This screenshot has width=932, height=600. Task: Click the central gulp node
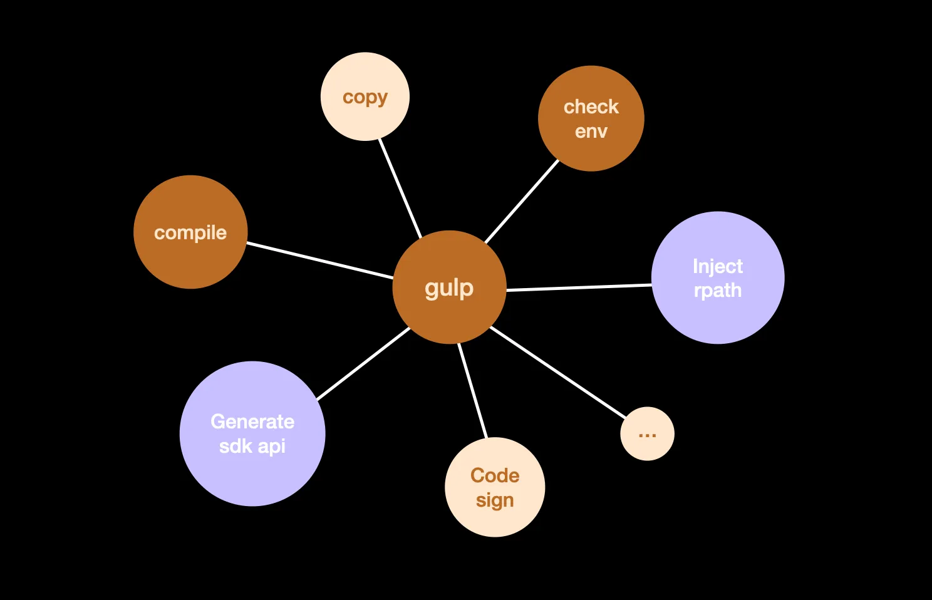(449, 287)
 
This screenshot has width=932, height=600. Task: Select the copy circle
(365, 96)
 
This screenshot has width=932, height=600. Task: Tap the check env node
(591, 118)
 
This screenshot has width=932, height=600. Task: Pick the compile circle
(190, 232)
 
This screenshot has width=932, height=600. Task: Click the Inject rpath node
(718, 277)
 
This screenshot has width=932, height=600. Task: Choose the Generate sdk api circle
(252, 433)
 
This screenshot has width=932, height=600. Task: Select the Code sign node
(495, 487)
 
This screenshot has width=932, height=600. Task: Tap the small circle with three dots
(647, 433)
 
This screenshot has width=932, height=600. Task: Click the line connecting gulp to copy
(400, 188)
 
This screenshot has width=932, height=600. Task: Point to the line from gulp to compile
(319, 260)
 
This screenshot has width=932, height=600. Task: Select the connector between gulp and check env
(521, 202)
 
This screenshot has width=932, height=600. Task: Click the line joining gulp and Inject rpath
(579, 287)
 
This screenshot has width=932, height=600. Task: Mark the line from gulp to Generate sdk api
(363, 364)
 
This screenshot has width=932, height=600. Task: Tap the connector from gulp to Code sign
(472, 390)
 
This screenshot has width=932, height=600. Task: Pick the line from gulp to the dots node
(557, 372)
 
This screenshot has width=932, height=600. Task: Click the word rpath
(718, 291)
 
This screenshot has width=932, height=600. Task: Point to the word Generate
(252, 422)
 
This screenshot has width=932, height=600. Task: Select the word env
(591, 132)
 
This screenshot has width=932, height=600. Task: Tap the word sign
(495, 500)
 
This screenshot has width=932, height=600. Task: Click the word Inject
(718, 266)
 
